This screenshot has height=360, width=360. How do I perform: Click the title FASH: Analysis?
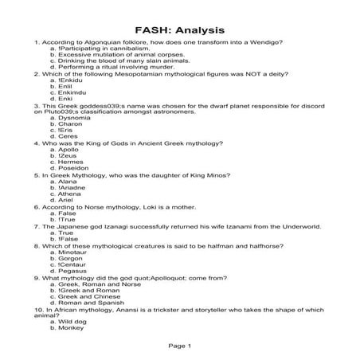click(x=179, y=29)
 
